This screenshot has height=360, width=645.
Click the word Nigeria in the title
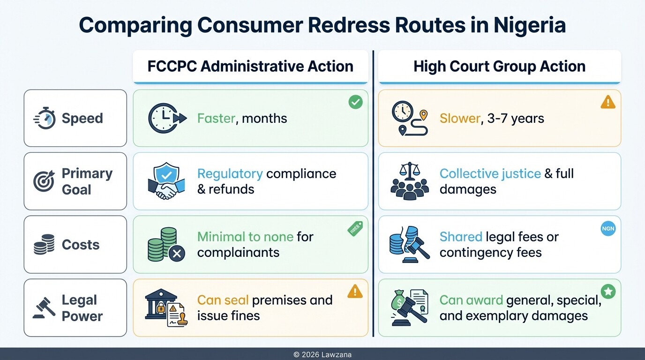(x=529, y=25)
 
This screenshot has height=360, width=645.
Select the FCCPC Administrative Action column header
(x=250, y=66)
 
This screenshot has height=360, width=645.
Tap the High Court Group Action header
(x=499, y=66)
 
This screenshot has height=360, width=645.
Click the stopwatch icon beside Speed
(x=45, y=118)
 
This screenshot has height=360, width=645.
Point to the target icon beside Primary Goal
(x=44, y=181)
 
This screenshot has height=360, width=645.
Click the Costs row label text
(x=81, y=245)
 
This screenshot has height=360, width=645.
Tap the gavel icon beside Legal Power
(x=44, y=308)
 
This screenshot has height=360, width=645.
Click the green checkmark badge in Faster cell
(x=355, y=102)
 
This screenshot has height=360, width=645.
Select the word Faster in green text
(x=216, y=118)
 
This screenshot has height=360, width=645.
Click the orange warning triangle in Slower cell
(x=608, y=102)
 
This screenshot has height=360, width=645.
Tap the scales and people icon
(x=409, y=181)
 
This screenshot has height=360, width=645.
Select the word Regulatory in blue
(x=230, y=173)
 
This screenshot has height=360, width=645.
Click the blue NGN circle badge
(x=608, y=228)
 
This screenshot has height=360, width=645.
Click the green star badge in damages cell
(x=608, y=292)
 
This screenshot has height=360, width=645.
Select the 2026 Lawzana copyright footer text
(x=322, y=355)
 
